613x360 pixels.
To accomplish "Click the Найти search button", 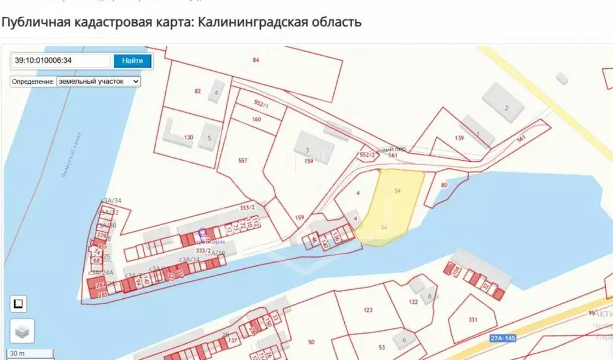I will pos(132,60).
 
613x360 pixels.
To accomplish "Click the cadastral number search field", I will pos(61,60).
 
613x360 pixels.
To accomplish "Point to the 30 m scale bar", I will pos(30,353).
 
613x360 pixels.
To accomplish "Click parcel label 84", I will pos(256,59).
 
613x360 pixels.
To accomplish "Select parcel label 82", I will pos(198,91).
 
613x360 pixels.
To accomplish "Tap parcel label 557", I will pos(242,161).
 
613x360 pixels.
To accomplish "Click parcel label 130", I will pos(189,138).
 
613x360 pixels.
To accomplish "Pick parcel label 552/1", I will pos(261,104).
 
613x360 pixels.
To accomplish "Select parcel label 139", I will pos(459,138).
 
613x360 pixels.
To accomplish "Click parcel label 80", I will pos(444,185).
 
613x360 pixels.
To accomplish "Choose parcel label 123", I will pos(368,310).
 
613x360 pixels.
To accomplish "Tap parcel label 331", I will pos(473,319).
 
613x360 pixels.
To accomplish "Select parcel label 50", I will pos(311,342).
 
